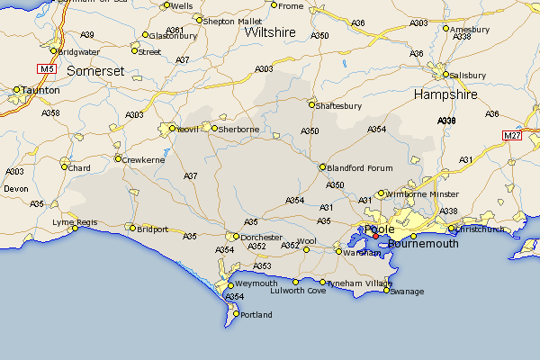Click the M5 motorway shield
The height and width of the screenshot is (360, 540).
(x=47, y=68)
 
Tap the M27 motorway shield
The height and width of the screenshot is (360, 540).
(x=513, y=135)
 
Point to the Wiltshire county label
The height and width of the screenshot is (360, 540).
(x=270, y=32)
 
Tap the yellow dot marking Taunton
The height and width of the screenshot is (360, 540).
(x=17, y=89)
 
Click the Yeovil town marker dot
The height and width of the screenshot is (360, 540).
(x=171, y=129)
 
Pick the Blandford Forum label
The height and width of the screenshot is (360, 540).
(x=362, y=167)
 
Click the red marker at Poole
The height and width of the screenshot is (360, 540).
(x=376, y=236)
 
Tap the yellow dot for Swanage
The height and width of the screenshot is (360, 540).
(x=384, y=290)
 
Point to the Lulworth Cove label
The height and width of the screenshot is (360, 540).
(x=298, y=291)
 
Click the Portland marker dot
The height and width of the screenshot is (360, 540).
(x=234, y=314)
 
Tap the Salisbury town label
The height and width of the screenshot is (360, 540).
(x=471, y=74)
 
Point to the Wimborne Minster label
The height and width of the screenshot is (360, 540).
(x=423, y=194)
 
